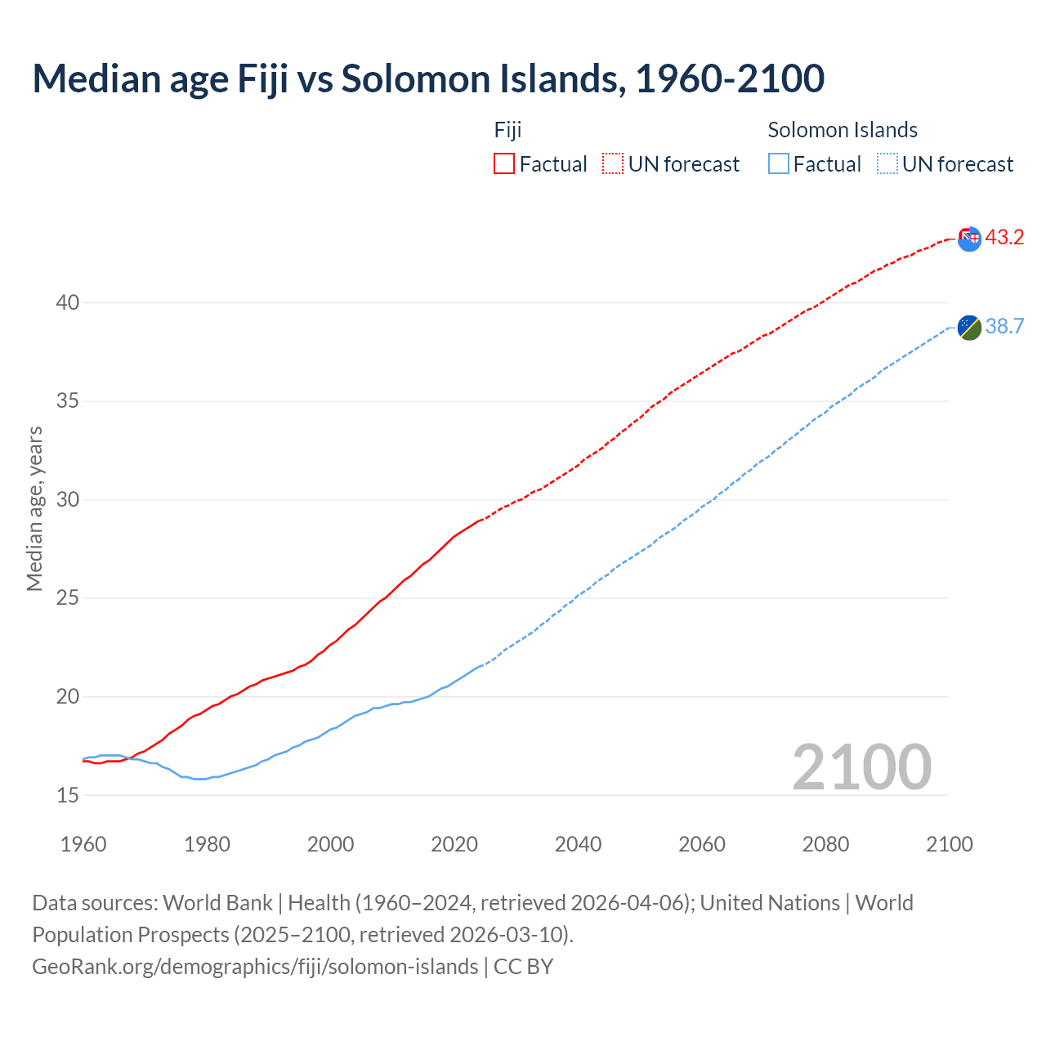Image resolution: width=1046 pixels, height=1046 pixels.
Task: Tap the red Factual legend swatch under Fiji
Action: tap(504, 163)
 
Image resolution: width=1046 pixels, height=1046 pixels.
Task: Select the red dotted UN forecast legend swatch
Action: tap(613, 163)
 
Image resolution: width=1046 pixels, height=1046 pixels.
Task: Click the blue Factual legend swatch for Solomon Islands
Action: tap(779, 163)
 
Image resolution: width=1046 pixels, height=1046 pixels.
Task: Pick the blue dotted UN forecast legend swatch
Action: tap(887, 163)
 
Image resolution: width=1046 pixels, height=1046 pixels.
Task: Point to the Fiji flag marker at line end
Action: tap(969, 239)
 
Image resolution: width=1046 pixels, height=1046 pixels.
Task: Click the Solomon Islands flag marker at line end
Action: tap(969, 327)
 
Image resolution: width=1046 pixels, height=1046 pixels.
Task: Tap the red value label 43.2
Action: tap(1004, 238)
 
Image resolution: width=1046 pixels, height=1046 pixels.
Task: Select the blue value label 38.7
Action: tap(1004, 327)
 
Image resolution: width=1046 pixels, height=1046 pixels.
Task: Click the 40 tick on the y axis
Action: tap(67, 302)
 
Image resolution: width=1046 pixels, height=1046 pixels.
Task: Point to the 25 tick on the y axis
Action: tap(67, 598)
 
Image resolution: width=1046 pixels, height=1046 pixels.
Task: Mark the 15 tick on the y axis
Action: tap(67, 795)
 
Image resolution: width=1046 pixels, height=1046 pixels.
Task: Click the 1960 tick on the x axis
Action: tap(83, 844)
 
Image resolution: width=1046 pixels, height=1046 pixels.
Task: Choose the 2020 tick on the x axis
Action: tap(454, 844)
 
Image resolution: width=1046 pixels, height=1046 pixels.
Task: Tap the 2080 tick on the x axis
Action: tap(825, 844)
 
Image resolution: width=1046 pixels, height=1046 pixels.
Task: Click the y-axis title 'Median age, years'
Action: tap(34, 508)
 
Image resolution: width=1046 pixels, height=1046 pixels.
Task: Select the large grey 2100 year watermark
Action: tap(862, 767)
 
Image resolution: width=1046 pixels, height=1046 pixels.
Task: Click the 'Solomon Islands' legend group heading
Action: tap(843, 130)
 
